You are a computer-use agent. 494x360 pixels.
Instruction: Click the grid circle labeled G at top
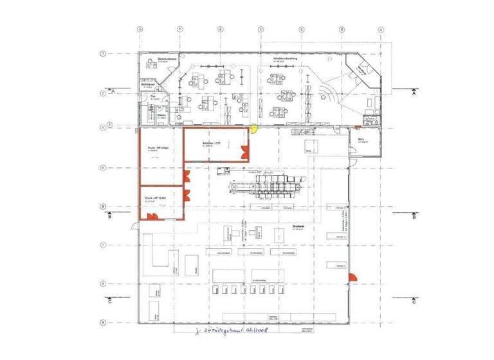pos(139,29)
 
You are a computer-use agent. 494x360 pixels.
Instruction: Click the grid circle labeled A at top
pos(381,29)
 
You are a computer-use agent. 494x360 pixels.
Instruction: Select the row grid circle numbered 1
pos(102,53)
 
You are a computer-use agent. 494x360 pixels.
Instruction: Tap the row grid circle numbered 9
pos(102,323)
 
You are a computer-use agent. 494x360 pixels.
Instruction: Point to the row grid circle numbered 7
pos(102,245)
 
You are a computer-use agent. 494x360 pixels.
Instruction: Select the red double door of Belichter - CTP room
pos(244,152)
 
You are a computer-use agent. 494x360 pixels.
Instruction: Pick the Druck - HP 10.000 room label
pos(152,198)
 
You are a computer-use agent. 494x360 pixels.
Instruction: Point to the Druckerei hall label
pos(297,227)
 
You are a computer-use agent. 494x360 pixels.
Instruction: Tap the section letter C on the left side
pos(110,301)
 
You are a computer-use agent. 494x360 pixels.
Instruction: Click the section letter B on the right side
pos(414,217)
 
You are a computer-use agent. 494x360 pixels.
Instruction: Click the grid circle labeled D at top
pos(261,29)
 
